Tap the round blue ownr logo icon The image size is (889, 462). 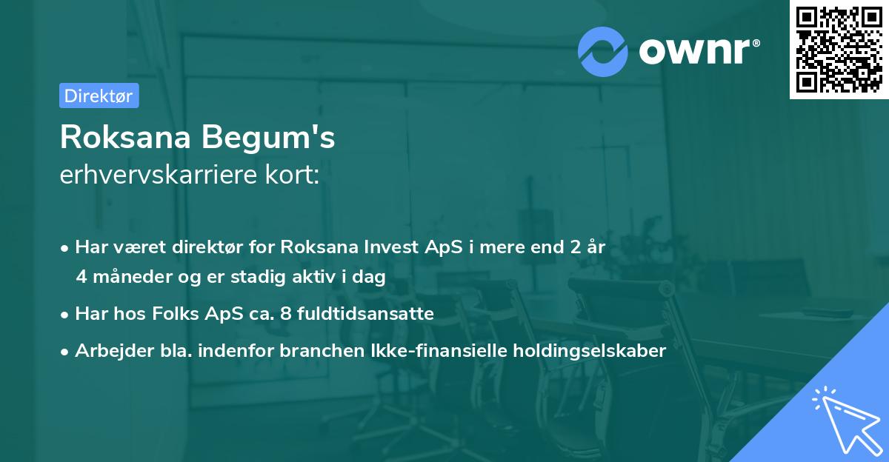[603, 51]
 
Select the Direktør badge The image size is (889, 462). [99, 96]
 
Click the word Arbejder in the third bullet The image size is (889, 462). [107, 351]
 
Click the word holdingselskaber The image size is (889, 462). [592, 351]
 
